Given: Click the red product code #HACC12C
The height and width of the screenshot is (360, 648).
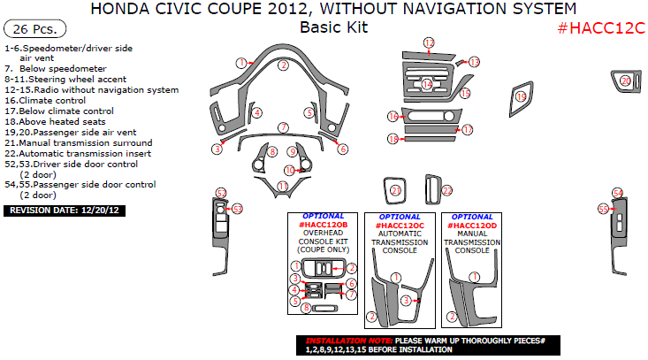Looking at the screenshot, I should click(601, 27).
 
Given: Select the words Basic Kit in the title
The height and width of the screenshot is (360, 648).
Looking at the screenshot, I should click(333, 27).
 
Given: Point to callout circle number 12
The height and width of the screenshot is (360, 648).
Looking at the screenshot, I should click(429, 43).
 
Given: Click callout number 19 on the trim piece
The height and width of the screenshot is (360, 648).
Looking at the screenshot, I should click(522, 96).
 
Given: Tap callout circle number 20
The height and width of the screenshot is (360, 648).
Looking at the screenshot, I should click(625, 81).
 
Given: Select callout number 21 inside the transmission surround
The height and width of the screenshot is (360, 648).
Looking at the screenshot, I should click(396, 190).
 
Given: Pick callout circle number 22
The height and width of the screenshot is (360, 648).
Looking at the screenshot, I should click(446, 190).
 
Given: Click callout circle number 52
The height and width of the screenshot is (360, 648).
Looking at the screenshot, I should click(221, 194).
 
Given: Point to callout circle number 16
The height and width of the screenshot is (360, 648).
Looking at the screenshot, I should click(393, 117).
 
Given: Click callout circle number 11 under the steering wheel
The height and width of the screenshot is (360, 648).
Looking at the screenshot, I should click(282, 186).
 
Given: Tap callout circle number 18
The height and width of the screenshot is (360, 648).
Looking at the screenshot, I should click(393, 139).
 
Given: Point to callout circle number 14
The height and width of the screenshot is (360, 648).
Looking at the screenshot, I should click(427, 85).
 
